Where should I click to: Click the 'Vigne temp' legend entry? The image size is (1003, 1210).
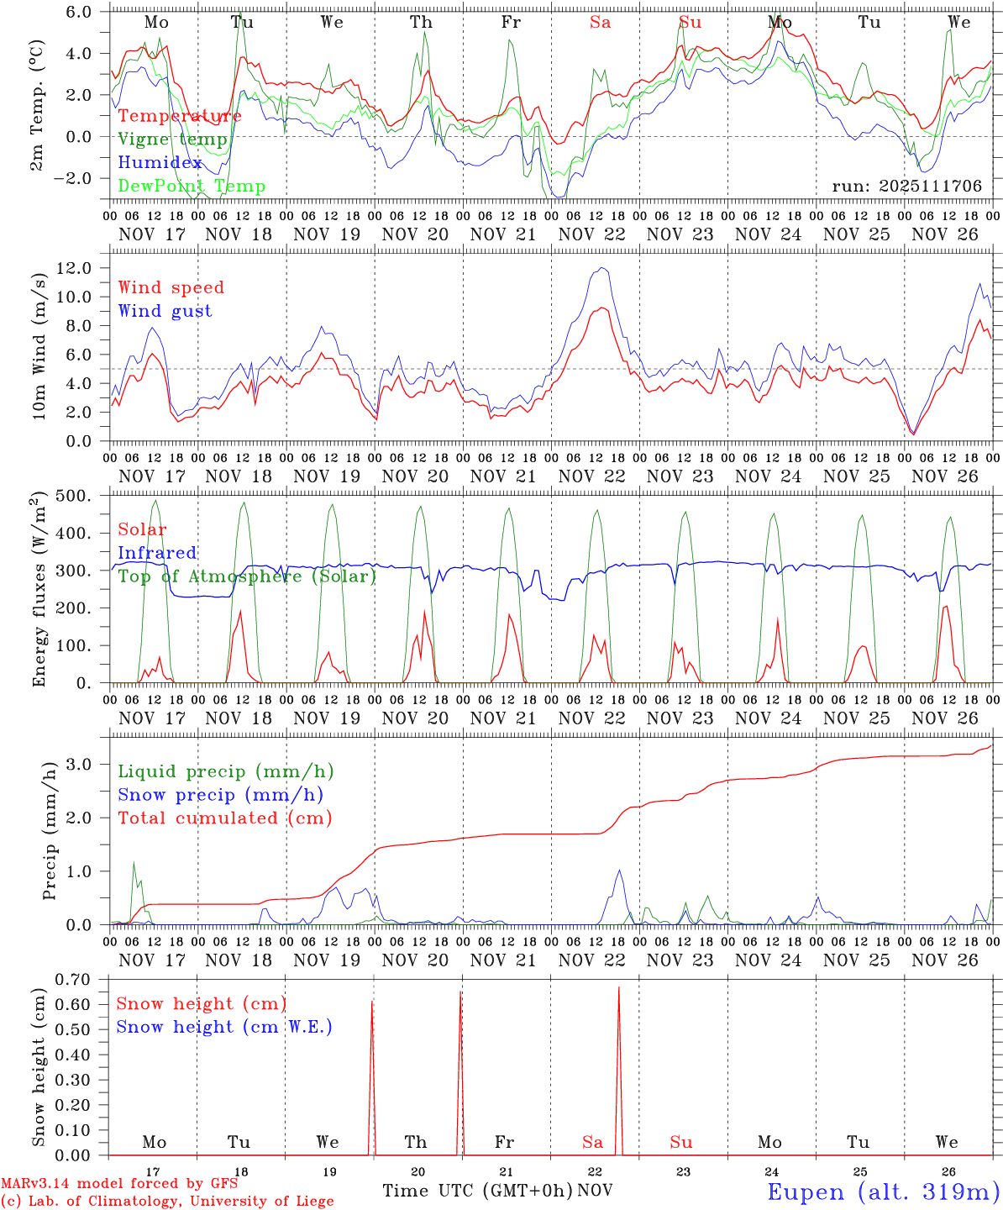click(172, 139)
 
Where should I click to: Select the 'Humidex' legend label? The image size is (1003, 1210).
click(160, 163)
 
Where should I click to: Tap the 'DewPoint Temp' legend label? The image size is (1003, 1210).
click(192, 187)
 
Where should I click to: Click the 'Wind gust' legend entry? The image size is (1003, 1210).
click(165, 311)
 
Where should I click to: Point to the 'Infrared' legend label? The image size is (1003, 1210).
click(157, 553)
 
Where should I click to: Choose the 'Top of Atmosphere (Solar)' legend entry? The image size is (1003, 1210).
click(247, 576)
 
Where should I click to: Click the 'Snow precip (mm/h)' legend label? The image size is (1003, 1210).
click(220, 795)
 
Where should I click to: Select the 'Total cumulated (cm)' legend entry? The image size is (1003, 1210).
click(225, 818)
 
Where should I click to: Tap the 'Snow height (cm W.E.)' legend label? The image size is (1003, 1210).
click(224, 1027)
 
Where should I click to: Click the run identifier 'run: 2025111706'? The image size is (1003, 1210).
click(906, 187)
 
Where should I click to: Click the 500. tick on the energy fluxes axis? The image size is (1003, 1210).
click(75, 496)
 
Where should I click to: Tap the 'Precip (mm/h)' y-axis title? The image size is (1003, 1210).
click(50, 831)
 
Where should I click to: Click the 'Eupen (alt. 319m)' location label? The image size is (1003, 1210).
click(882, 1192)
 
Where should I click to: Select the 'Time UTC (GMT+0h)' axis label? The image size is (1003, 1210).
click(478, 1191)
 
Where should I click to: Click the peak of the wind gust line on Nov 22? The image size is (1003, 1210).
click(601, 268)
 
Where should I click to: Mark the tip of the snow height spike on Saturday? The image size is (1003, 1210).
click(619, 987)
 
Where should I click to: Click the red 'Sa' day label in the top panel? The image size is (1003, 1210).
click(600, 23)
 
